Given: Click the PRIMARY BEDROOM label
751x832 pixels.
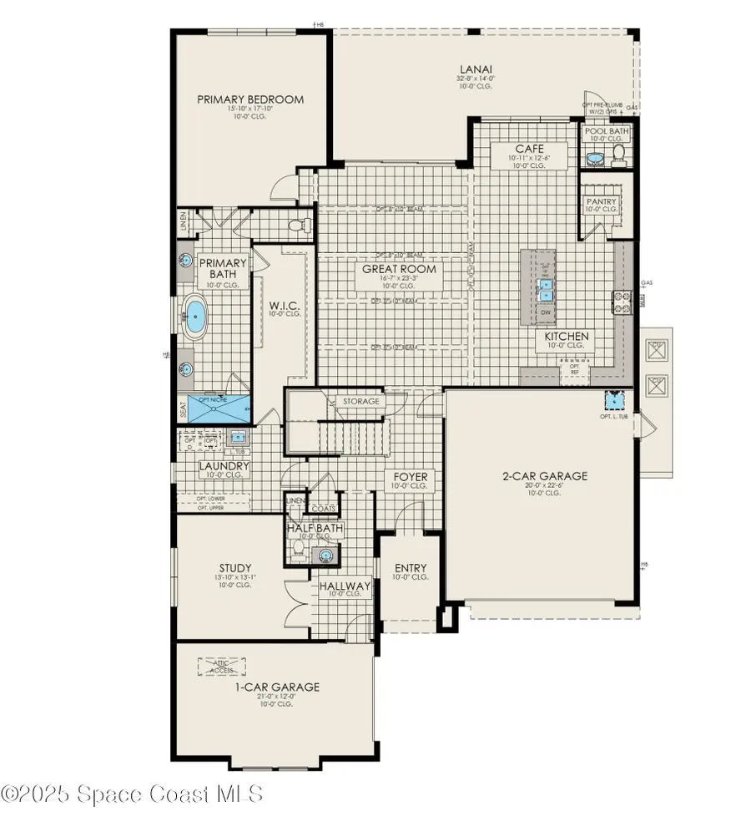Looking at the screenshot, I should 250,99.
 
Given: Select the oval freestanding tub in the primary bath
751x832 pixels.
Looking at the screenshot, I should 195,318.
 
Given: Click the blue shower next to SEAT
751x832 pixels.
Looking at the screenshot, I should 219,408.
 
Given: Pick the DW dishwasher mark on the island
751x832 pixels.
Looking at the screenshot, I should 547,312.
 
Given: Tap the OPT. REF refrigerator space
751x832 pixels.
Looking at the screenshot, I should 574,368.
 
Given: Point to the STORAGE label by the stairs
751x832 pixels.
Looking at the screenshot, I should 361,402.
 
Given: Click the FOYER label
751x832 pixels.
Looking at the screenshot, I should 409,477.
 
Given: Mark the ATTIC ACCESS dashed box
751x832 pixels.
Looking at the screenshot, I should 223,666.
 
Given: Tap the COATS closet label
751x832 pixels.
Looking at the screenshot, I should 323,507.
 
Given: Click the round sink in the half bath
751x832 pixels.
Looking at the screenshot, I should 327,554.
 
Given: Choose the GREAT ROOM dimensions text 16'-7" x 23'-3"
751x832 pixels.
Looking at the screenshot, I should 399,278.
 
